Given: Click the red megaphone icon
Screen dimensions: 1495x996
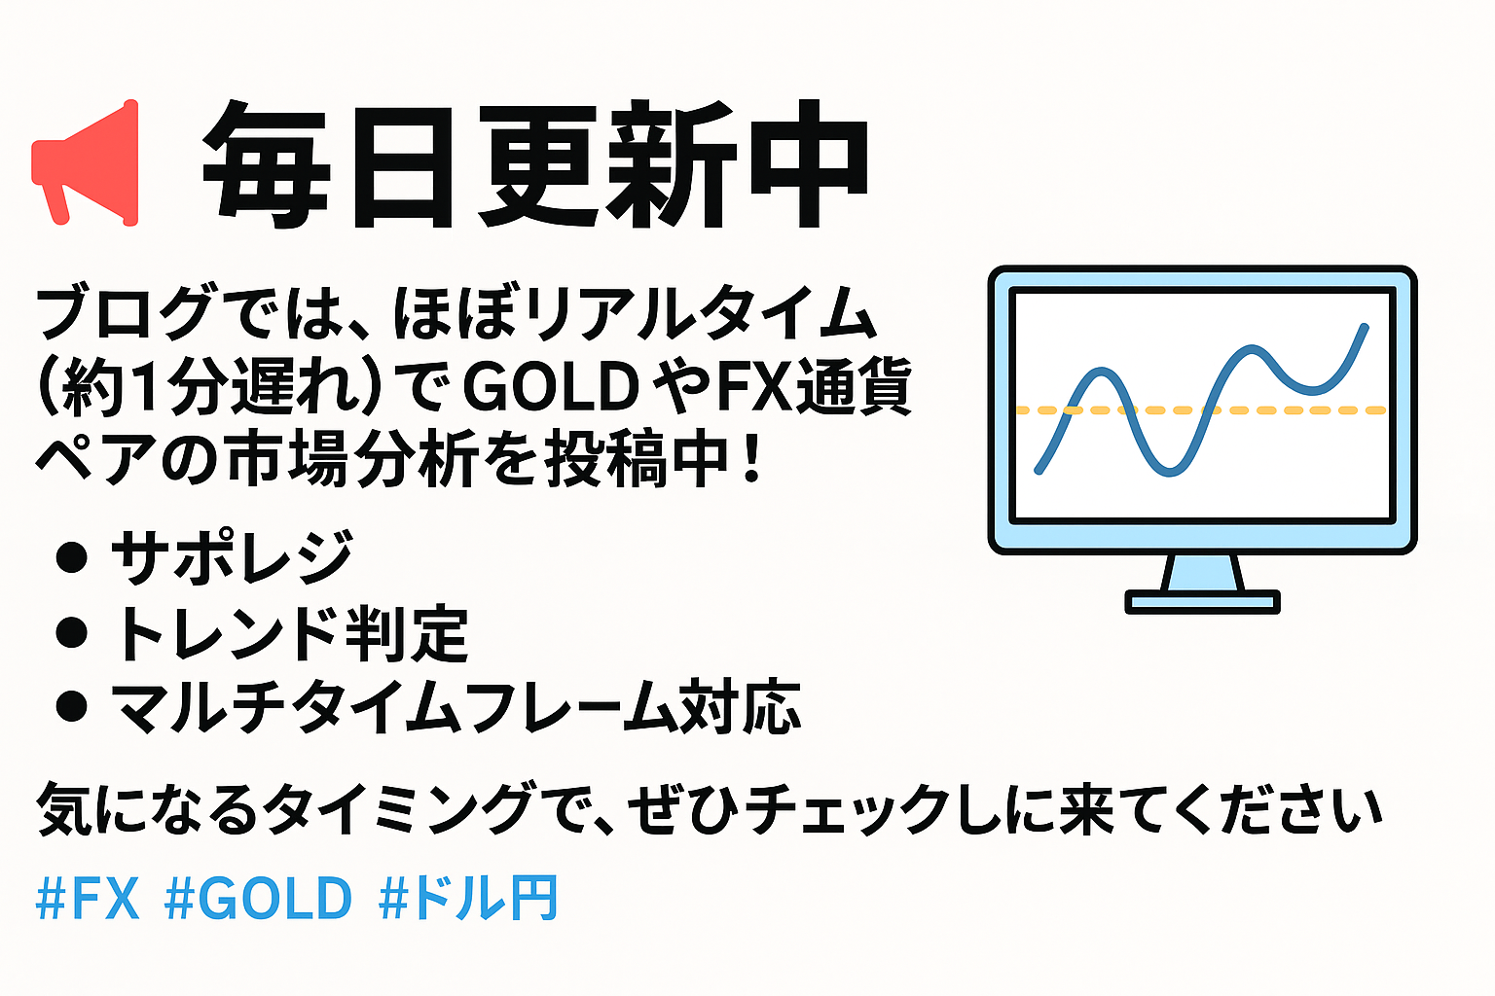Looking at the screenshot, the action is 86,163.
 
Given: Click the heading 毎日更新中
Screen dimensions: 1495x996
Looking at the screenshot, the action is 535,164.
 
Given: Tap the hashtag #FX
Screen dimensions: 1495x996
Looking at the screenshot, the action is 88,898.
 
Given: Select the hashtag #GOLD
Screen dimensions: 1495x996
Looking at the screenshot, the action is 258,898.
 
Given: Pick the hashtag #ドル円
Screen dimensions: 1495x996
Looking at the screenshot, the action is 468,898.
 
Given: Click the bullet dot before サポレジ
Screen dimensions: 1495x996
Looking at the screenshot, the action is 72,557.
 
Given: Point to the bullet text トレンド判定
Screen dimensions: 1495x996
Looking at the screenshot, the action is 290,633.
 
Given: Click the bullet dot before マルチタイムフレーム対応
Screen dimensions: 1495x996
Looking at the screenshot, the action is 72,706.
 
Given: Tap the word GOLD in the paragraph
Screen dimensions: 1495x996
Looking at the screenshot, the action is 551,387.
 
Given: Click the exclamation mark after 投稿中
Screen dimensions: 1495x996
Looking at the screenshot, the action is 752,459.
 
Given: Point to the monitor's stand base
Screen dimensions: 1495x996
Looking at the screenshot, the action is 1202,602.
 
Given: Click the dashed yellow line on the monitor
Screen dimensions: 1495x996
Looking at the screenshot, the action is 1201,410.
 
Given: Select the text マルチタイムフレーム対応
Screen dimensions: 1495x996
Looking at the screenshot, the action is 456,707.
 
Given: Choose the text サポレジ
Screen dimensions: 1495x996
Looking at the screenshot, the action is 232,557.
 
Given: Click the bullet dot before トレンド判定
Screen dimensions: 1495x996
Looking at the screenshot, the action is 72,632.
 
